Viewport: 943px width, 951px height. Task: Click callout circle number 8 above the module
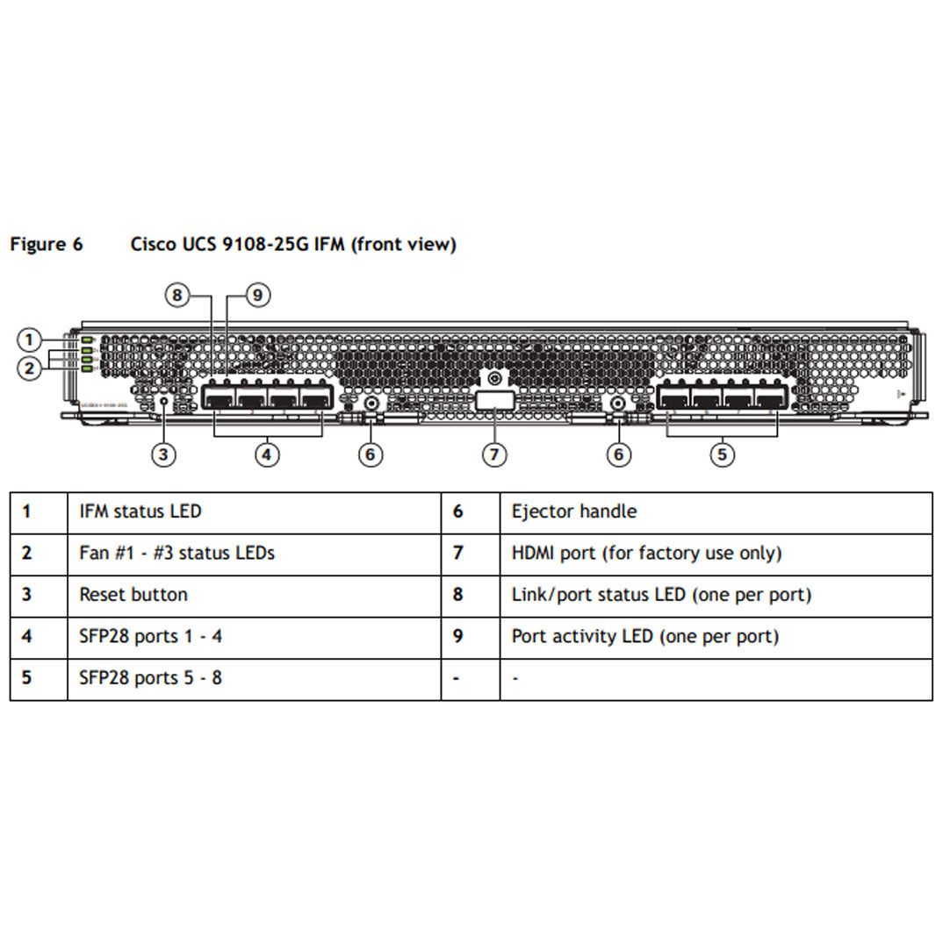(177, 296)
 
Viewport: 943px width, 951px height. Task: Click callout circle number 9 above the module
(257, 296)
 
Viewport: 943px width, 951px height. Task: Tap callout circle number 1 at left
(29, 340)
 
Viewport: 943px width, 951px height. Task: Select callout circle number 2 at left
(29, 368)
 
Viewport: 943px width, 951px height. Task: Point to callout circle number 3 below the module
(163, 454)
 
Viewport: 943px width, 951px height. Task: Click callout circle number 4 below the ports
(268, 454)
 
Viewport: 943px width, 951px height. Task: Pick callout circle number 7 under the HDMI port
(494, 454)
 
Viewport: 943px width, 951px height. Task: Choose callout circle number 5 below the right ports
(722, 454)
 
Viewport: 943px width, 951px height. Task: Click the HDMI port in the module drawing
(494, 402)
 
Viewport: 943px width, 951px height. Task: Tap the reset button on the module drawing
(163, 401)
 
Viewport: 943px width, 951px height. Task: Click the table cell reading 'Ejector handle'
(573, 511)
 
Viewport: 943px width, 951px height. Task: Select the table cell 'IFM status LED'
(140, 511)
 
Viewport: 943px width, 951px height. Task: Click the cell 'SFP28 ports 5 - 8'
(150, 678)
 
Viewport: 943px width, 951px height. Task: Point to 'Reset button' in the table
(133, 595)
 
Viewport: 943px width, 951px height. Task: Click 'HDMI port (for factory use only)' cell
(645, 554)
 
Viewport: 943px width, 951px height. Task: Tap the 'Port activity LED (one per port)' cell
(644, 636)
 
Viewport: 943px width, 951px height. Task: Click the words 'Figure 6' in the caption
(47, 245)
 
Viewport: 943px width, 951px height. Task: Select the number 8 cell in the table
(457, 595)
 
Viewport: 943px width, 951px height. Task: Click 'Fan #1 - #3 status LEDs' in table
(176, 554)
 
